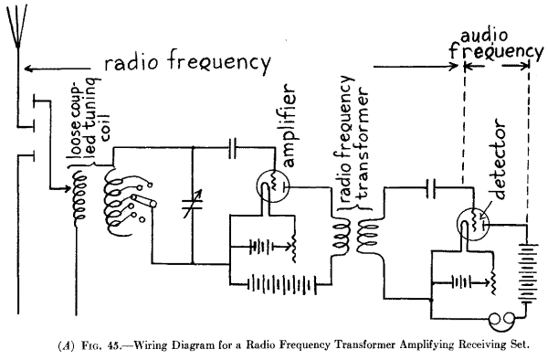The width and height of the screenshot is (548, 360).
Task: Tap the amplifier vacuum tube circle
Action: click(x=271, y=185)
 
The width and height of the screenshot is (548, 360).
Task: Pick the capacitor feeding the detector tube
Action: click(x=433, y=188)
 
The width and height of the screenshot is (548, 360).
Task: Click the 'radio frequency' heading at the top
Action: click(x=186, y=63)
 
